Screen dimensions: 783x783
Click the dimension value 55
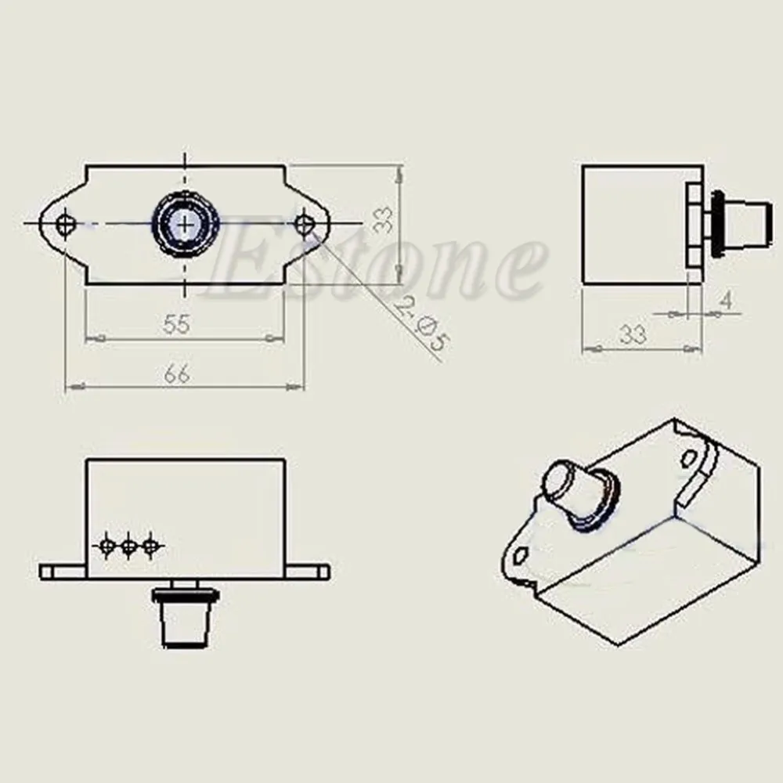(177, 324)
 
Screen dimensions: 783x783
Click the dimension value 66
(177, 373)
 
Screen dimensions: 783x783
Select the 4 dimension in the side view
(727, 301)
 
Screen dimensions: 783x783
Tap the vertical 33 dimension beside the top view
(384, 220)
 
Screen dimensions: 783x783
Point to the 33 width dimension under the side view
(633, 334)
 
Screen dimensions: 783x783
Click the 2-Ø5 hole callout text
(421, 324)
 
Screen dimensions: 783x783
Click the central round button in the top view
(186, 223)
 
